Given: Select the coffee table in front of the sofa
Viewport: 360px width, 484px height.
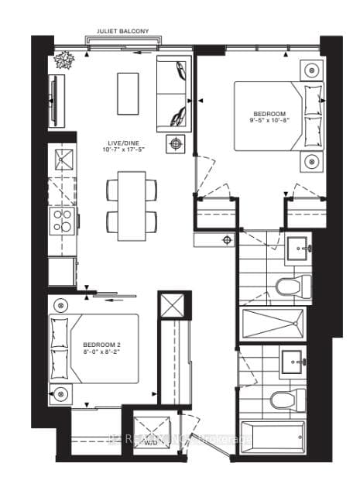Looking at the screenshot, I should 128,93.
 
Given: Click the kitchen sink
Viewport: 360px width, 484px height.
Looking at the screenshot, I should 62,161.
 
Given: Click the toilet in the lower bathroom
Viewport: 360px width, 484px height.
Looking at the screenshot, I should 283,400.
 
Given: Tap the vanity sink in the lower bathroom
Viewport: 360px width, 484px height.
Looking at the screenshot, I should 293,361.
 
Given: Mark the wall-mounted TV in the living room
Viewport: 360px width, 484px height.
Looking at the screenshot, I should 52,94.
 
